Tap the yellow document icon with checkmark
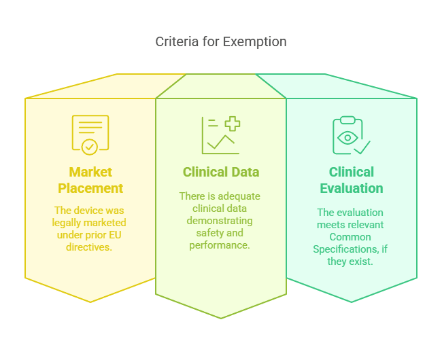point(90,134)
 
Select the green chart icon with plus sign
point(221,134)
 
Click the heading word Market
point(90,172)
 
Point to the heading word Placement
point(90,188)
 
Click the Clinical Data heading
point(221,172)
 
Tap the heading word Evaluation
point(352,188)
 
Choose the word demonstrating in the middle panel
point(221,221)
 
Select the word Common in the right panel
point(351,237)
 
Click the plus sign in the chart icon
point(233,124)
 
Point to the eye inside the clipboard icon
point(347,137)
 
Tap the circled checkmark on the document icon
point(89,147)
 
